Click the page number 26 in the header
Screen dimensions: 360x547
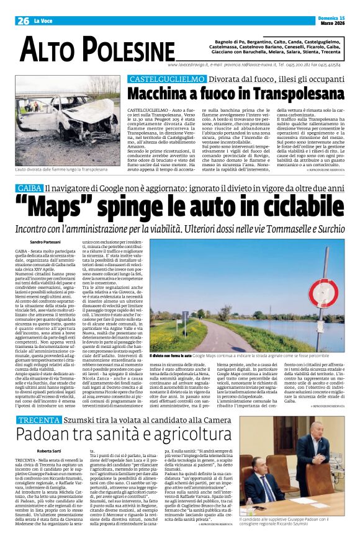point(24,21)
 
